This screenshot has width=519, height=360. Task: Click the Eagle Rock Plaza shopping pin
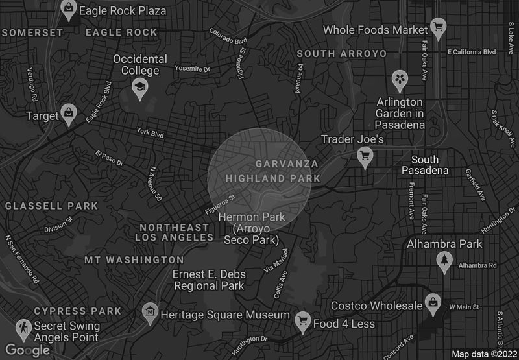click(68, 9)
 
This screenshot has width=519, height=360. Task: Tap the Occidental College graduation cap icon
click(139, 87)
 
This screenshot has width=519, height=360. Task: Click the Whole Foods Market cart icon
click(439, 28)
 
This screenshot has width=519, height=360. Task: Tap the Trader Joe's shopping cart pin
click(365, 156)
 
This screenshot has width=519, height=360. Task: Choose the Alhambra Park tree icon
click(444, 261)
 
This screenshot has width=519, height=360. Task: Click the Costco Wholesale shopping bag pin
click(432, 302)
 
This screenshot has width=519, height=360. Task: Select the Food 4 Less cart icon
click(302, 320)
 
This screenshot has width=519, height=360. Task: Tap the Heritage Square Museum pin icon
click(151, 313)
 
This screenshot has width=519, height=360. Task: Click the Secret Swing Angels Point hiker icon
click(24, 327)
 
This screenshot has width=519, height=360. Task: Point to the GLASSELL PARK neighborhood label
click(51, 206)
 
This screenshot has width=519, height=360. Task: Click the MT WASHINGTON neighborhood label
click(134, 259)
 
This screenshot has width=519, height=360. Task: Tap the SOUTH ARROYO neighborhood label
click(341, 53)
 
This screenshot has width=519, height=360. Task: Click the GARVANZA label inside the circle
click(287, 163)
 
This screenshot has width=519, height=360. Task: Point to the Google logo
click(29, 350)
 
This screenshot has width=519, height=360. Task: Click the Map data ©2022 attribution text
click(483, 354)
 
